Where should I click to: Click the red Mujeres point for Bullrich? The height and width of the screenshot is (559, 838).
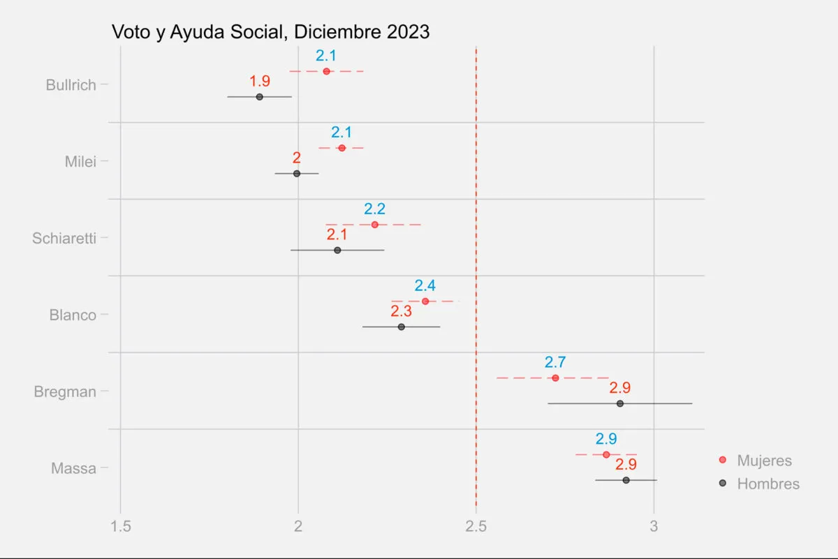(x=326, y=71)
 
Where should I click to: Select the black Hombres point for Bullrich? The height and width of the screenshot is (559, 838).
(x=259, y=97)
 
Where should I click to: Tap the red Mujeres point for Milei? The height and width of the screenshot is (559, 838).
(x=341, y=148)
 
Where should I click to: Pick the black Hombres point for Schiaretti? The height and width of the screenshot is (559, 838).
(x=337, y=250)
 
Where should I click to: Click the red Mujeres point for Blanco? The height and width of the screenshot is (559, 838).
(x=425, y=301)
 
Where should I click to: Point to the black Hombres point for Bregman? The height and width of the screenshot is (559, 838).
(x=619, y=403)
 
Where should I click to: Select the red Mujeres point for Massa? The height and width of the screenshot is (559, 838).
(x=606, y=454)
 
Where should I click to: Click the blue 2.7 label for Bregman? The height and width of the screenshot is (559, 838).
(x=555, y=362)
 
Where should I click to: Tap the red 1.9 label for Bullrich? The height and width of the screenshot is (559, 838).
(x=260, y=81)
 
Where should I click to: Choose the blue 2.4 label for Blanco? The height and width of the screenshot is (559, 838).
(x=425, y=285)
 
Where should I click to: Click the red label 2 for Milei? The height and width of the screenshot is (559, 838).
(x=297, y=158)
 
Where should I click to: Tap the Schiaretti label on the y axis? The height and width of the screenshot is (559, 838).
(x=64, y=239)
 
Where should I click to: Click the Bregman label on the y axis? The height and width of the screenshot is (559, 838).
(x=65, y=392)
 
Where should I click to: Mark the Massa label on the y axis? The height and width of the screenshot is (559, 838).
(x=73, y=468)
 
